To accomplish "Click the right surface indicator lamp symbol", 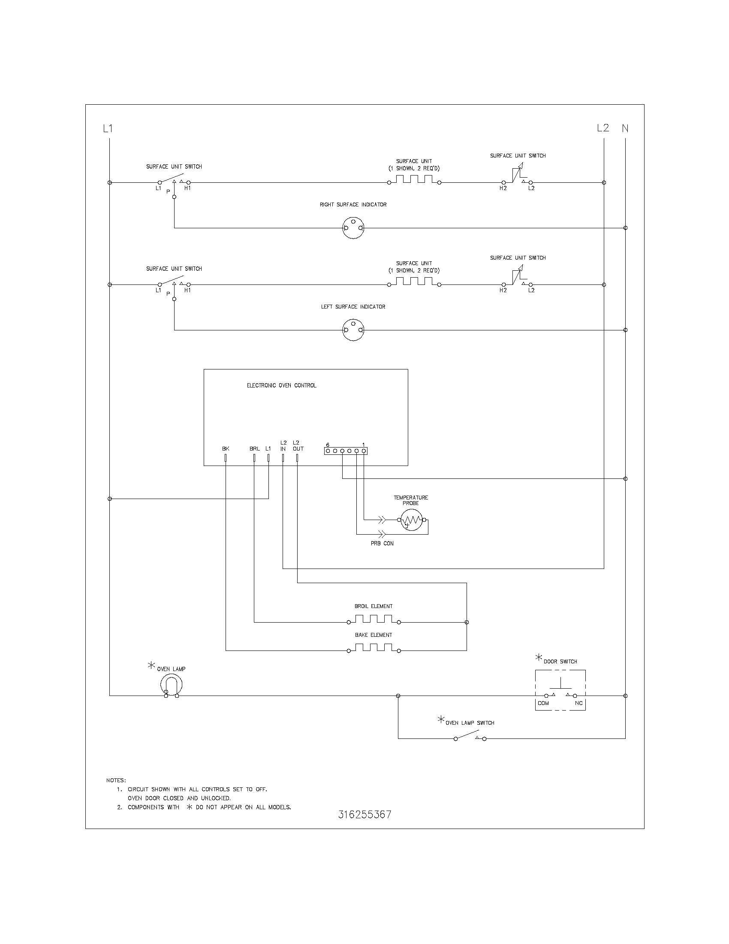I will [353, 228].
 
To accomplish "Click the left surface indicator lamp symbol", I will [353, 330].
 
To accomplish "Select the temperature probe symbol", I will [411, 520].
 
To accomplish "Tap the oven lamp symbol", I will [171, 685].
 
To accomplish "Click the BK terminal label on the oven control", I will [226, 449].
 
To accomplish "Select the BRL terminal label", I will [254, 449].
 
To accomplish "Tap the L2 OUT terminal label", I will [298, 446].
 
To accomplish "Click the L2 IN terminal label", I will [283, 446].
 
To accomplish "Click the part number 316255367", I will [364, 814].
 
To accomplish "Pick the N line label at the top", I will [625, 128].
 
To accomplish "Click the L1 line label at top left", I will [108, 128].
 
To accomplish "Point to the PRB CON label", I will [382, 543].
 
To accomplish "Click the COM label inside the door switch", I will [543, 703].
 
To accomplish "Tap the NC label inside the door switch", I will [578, 703].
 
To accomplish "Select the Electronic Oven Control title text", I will [281, 386].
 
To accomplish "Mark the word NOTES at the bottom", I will [116, 780].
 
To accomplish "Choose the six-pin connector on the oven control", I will [346, 451].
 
